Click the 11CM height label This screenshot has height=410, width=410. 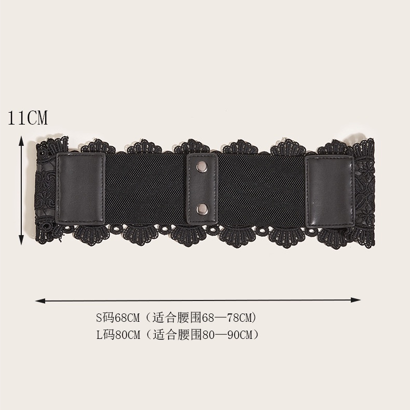(x=28, y=118)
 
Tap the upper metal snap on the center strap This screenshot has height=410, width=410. (x=201, y=166)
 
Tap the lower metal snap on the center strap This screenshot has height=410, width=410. (x=202, y=209)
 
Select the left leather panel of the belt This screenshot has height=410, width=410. (x=81, y=188)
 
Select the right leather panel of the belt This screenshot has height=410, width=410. (x=330, y=192)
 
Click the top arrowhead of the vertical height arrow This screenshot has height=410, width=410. (x=21, y=141)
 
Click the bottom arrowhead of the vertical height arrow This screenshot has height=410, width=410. (x=21, y=240)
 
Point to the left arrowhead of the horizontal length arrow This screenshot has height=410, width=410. (x=40, y=301)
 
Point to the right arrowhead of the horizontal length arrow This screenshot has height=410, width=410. (x=356, y=300)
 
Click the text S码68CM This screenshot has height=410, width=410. (x=118, y=318)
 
